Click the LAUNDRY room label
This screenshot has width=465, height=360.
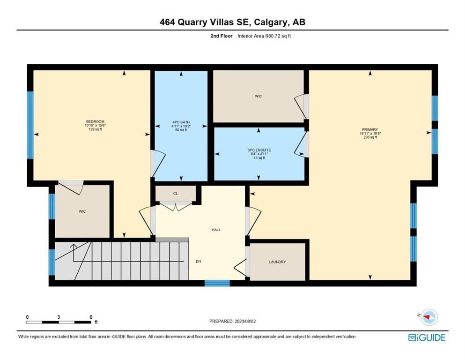click(277, 262)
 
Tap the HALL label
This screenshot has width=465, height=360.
click(216, 230)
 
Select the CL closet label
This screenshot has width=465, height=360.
click(176, 194)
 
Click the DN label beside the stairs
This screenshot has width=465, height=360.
click(199, 262)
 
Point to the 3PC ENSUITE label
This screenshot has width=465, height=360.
click(259, 150)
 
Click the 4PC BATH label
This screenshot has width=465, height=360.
click(181, 122)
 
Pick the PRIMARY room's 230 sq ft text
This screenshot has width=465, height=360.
click(370, 137)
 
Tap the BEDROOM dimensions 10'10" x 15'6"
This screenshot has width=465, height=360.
click(95, 126)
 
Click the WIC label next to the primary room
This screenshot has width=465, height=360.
click(258, 97)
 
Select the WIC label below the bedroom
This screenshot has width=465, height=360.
click(82, 211)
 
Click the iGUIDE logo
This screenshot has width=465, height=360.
click(427, 338)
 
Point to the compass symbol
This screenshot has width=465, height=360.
click(429, 317)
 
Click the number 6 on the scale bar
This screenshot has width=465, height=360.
click(91, 317)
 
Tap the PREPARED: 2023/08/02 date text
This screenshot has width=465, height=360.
click(232, 321)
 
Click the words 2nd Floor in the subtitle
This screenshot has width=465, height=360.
click(221, 36)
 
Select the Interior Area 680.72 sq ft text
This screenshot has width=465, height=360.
click(264, 36)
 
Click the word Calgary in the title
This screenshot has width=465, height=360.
click(271, 22)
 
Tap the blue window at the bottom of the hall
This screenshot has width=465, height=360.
click(217, 283)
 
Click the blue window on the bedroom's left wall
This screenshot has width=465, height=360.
click(30, 125)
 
